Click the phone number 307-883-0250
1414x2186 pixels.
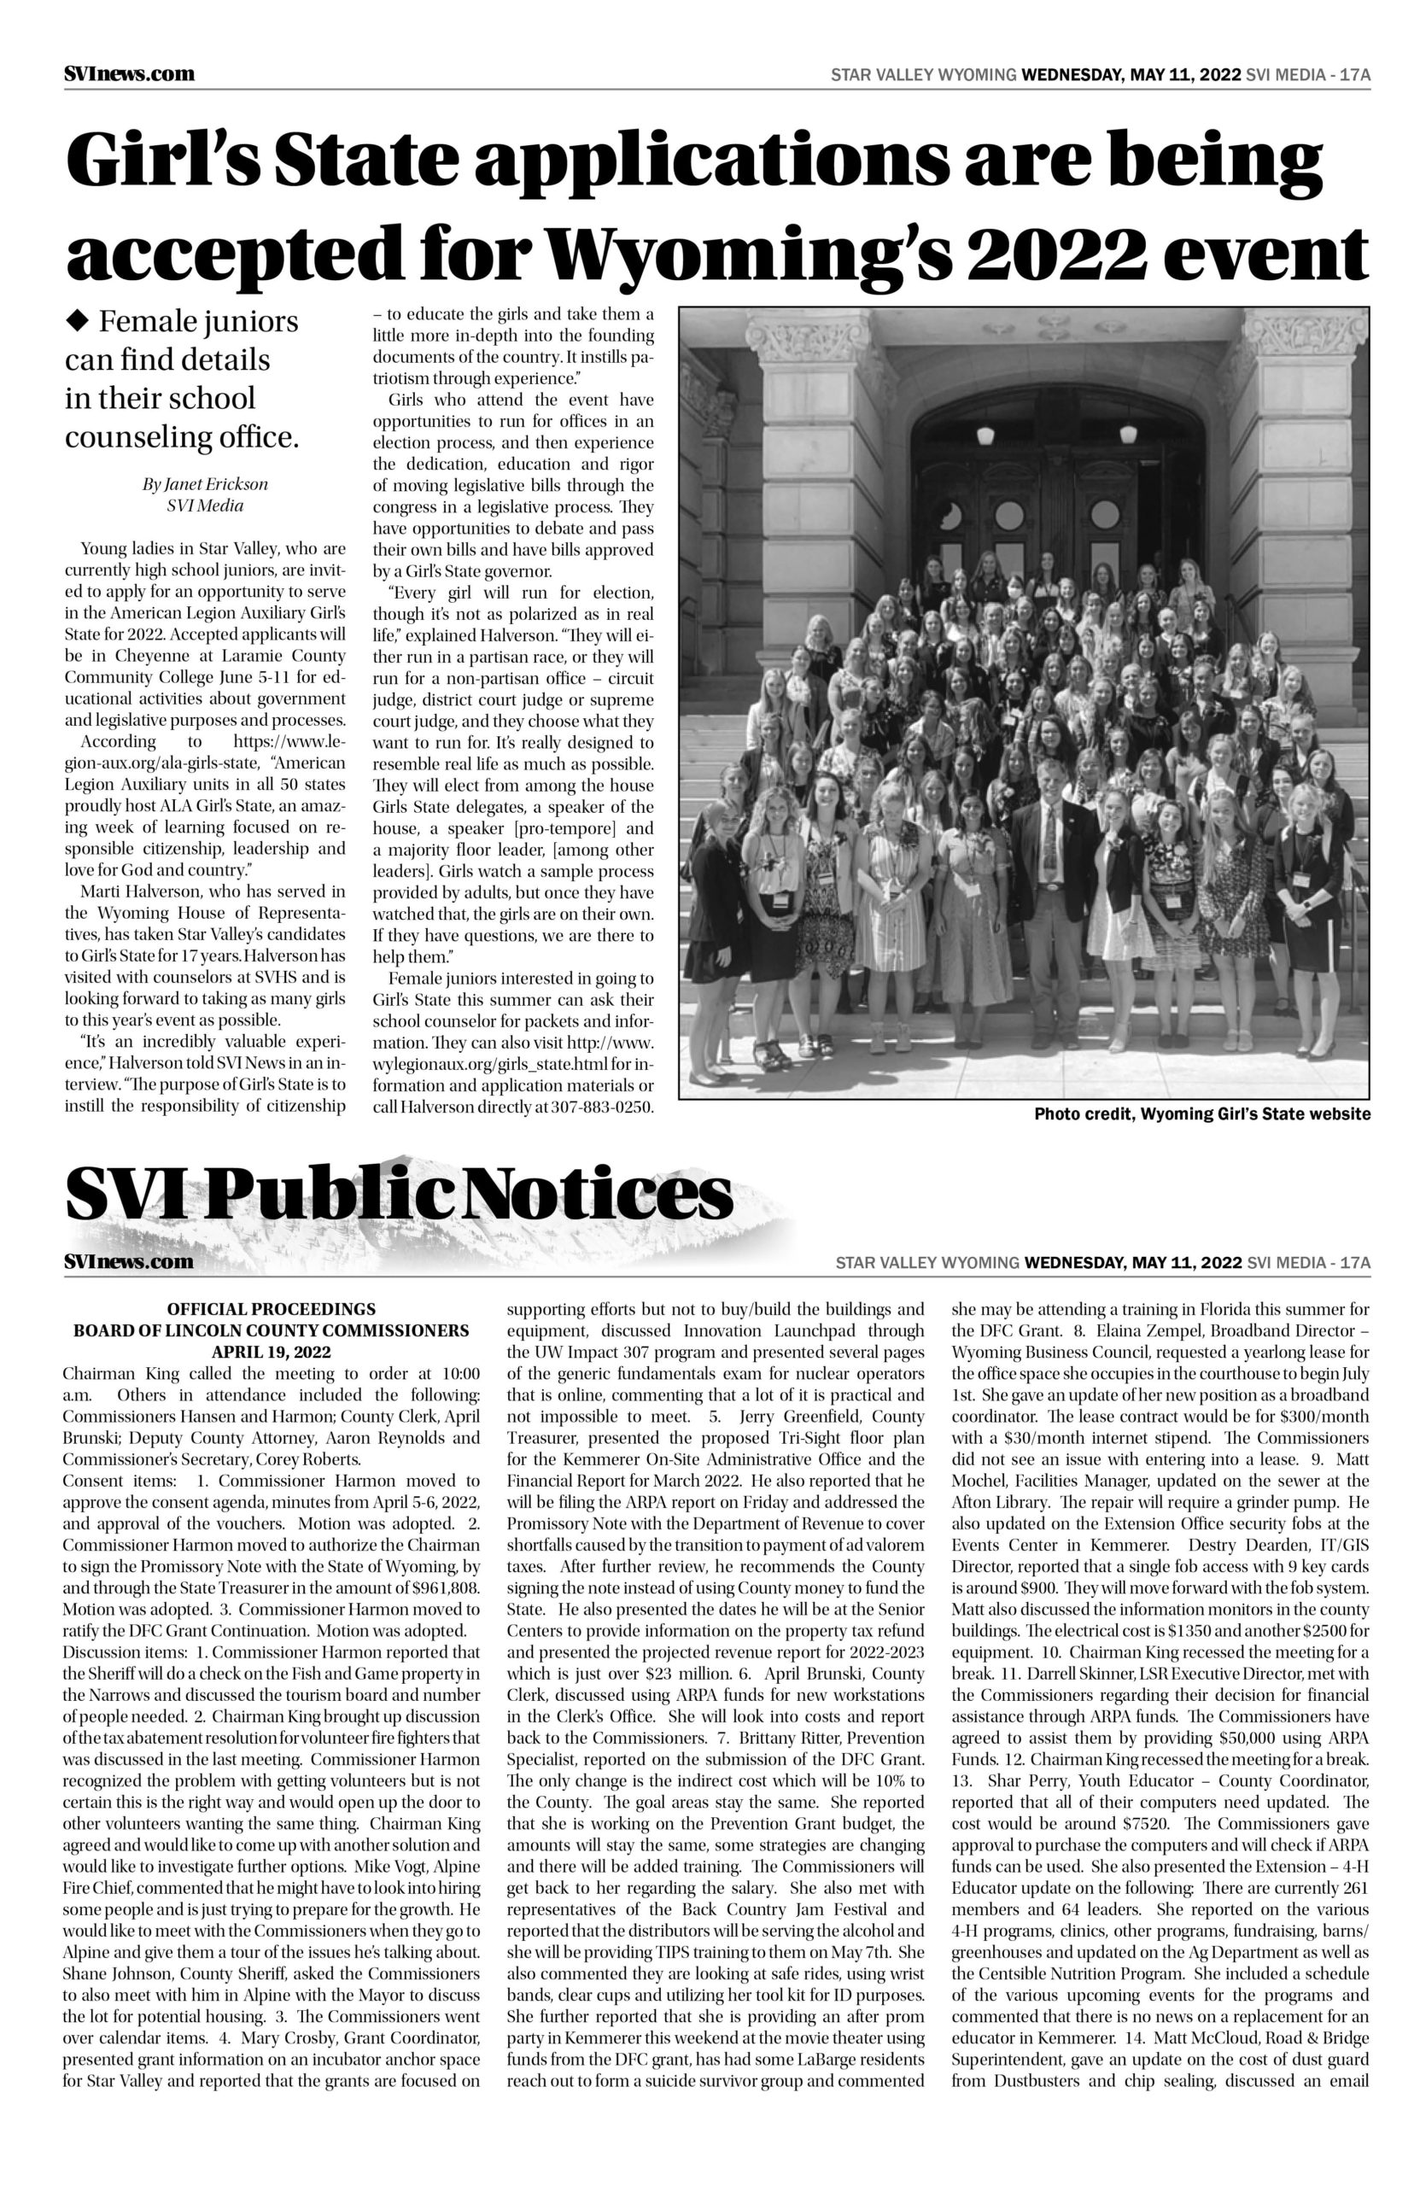(x=602, y=1107)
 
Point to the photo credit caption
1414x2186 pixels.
(x=1202, y=1113)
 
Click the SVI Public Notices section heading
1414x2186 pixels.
(x=400, y=1194)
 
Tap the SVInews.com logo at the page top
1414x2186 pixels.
(x=130, y=73)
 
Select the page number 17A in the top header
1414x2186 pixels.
(x=1355, y=74)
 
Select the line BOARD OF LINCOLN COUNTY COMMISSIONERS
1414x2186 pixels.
(x=271, y=1330)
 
